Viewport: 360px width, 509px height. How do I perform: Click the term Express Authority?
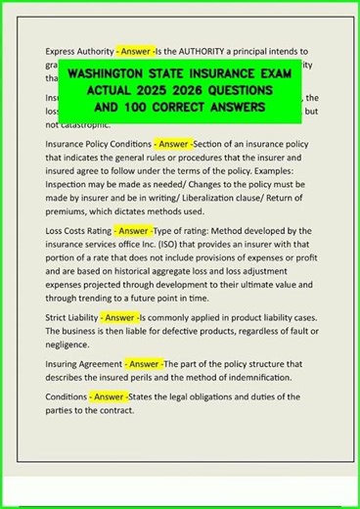79,50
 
